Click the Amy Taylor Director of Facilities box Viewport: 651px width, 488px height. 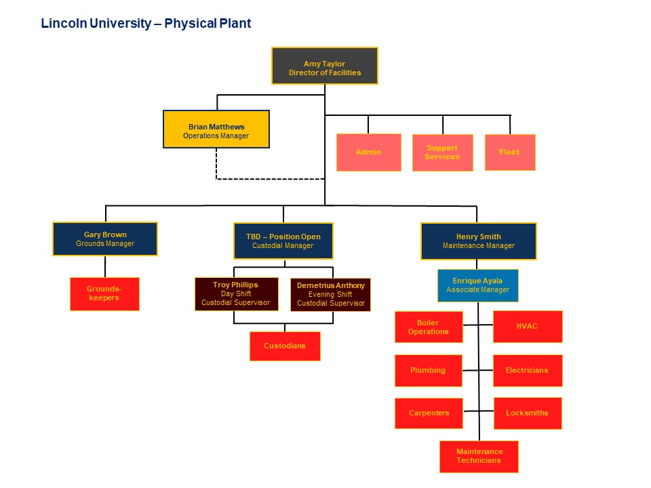click(324, 66)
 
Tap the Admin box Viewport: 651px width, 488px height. click(368, 152)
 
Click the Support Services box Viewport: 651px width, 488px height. click(442, 152)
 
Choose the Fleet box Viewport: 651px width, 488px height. click(509, 152)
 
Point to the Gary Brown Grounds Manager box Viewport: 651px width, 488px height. click(105, 239)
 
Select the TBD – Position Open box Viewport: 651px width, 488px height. click(283, 241)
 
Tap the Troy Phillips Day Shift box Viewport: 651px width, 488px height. click(235, 293)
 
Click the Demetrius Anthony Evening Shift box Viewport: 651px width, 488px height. click(330, 294)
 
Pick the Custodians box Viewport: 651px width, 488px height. click(284, 346)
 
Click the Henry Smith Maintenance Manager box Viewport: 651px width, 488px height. click(478, 241)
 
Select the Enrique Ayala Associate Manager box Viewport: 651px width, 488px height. click(477, 285)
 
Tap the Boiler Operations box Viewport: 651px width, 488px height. click(428, 327)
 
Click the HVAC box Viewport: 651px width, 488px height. click(527, 326)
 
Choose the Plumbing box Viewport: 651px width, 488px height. click(428, 370)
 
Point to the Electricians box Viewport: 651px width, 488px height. click(527, 370)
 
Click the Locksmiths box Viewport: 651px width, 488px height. click(527, 413)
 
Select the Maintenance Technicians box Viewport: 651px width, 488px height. click(479, 456)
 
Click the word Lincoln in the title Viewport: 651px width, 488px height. click(59, 24)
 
